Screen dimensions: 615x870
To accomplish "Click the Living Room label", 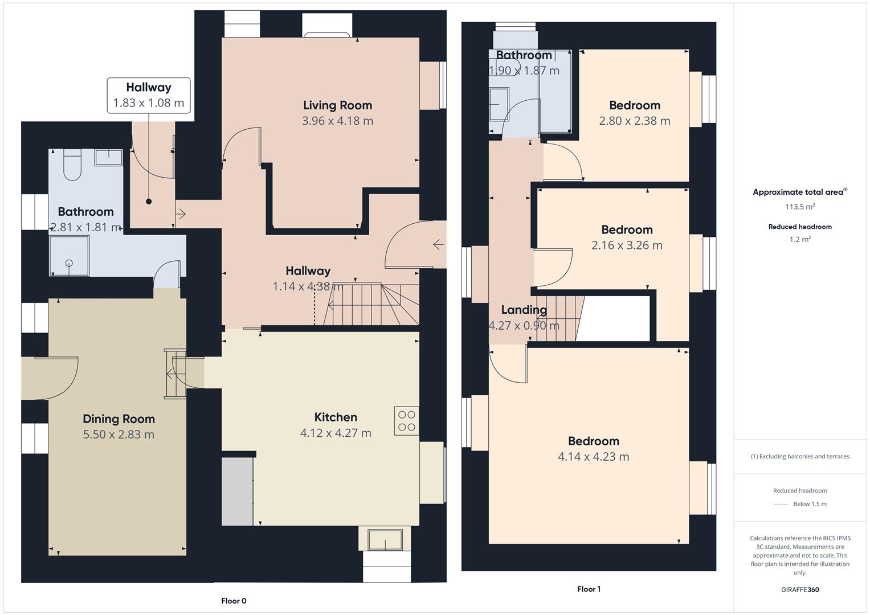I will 337,105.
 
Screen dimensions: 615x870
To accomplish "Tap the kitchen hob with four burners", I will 407,421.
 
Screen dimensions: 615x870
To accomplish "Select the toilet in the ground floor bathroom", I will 72,165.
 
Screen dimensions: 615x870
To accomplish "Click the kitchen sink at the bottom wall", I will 385,539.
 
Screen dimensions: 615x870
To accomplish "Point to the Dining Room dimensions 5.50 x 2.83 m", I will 119,434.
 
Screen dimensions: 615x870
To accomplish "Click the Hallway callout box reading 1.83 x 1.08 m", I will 149,96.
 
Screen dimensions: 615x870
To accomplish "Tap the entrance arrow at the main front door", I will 438,245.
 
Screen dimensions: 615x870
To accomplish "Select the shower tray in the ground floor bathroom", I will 69,256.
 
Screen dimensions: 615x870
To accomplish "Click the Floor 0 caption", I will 234,601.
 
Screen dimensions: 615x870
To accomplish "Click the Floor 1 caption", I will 589,589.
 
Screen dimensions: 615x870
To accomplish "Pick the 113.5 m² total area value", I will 800,207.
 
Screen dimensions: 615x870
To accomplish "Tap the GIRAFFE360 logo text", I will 800,589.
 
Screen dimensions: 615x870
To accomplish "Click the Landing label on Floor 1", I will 524,310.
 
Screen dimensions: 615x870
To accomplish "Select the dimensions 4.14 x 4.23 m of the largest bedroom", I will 593,457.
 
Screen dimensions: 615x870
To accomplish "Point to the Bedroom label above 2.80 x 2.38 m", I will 634,105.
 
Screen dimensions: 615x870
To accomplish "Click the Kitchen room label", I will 336,417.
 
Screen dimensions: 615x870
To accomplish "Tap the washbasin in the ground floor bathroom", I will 108,157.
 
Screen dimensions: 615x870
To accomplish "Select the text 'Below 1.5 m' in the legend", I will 810,504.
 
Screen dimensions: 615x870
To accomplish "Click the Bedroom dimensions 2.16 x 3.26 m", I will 627,245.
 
